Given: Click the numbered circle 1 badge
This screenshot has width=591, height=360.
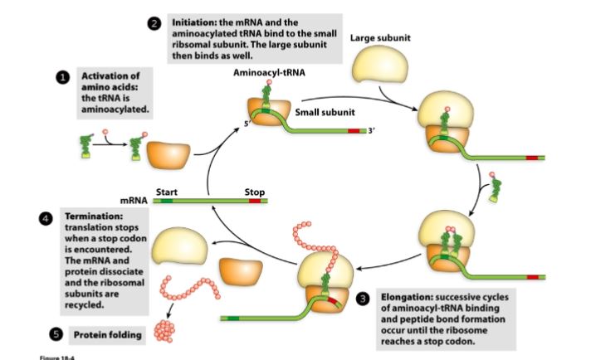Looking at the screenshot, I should tap(61, 77).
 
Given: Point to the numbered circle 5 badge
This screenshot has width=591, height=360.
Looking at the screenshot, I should tap(56, 334).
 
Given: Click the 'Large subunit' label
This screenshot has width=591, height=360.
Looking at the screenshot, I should tap(379, 37).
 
